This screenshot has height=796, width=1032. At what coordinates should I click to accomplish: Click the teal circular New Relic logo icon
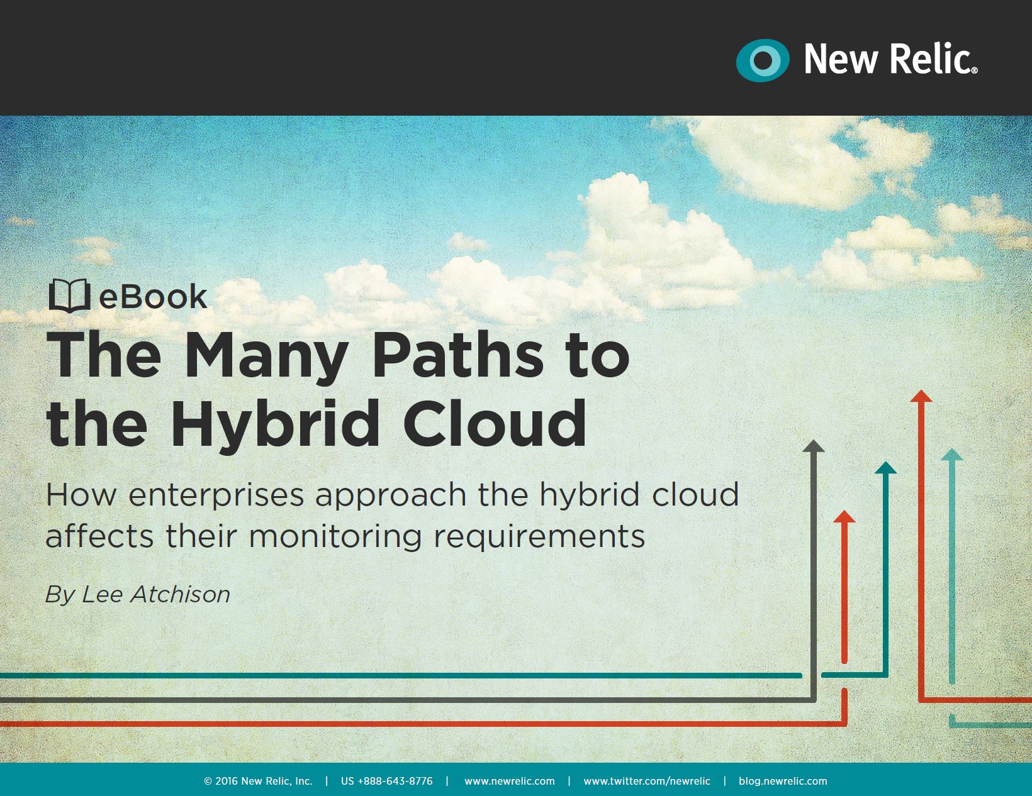763,60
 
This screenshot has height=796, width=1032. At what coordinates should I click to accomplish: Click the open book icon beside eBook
69,296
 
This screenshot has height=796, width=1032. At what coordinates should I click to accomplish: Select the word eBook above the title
153,297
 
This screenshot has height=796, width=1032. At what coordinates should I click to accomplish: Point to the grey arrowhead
814,445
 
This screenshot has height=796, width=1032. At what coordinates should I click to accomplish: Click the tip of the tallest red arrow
921,390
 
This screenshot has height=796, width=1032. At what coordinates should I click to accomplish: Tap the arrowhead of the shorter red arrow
844,517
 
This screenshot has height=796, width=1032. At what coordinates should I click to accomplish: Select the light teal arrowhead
951,455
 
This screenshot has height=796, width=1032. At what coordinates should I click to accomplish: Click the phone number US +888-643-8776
386,782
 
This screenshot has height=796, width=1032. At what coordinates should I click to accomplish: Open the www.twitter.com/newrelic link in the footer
647,782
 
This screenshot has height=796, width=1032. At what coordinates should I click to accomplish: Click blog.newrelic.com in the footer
783,782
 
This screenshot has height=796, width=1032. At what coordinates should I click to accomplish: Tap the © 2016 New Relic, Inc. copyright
258,782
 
